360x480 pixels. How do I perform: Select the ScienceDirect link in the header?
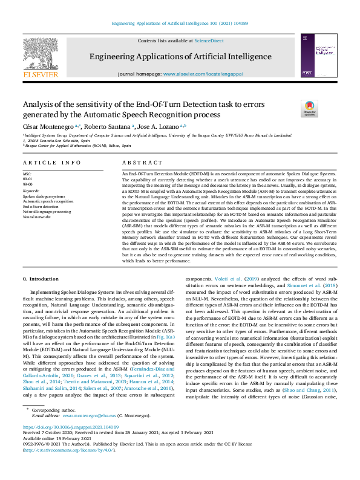pyautogui.click(x=209, y=41)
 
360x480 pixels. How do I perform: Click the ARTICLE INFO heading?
pyautogui.click(x=51, y=163)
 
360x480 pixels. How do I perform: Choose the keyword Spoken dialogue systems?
pyautogui.click(x=44, y=196)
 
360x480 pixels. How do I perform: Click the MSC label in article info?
pyautogui.click(x=27, y=174)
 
